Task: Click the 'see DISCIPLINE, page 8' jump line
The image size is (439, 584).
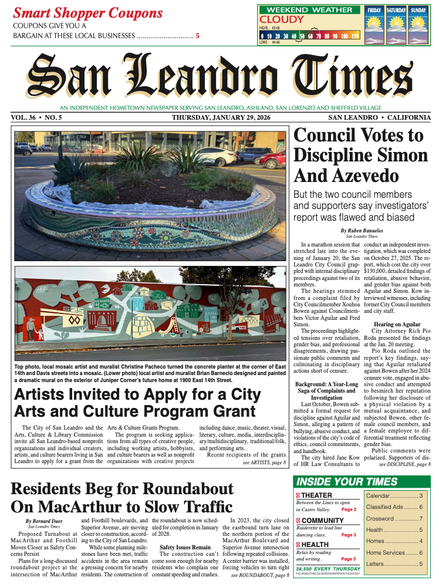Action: coord(406,464)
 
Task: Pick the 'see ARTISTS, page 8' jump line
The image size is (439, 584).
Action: coord(264,463)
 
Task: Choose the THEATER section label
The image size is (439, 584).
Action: coord(316,495)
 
